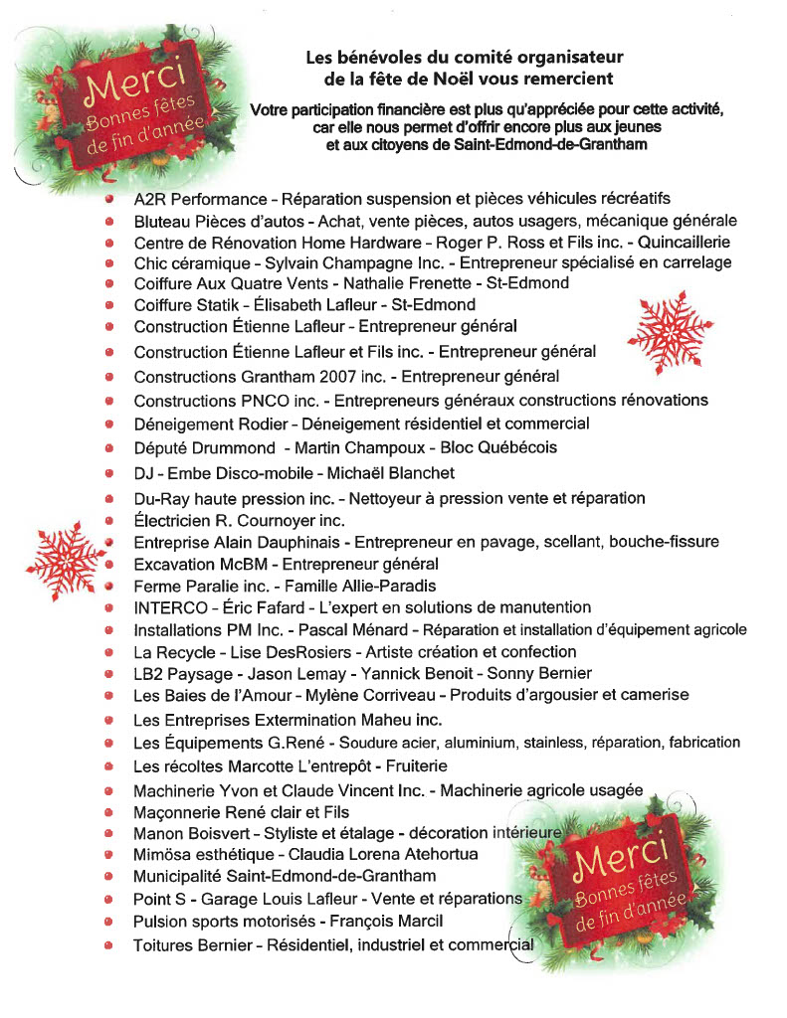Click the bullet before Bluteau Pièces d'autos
coord(109,221)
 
